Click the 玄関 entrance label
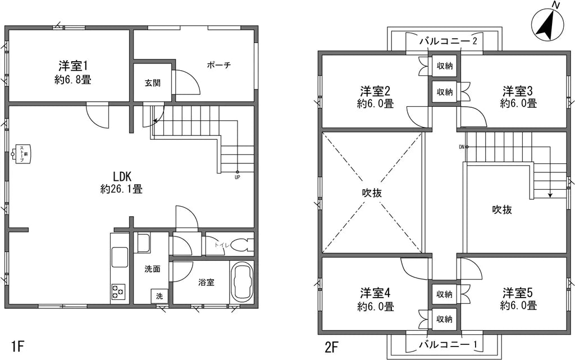[x=153, y=83]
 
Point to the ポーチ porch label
[x=218, y=65]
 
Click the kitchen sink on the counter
[x=120, y=257]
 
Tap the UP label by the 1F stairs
[x=238, y=177]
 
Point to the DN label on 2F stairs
[x=462, y=147]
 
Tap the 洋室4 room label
[x=376, y=299]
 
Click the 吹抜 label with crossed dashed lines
[x=371, y=192]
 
